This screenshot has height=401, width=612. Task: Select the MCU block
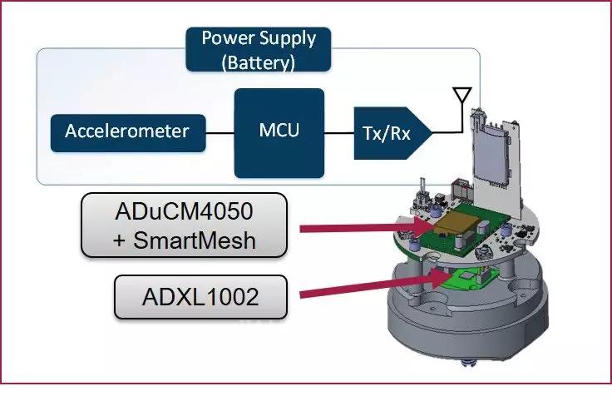tap(278, 132)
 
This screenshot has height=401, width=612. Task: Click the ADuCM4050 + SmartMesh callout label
tap(184, 225)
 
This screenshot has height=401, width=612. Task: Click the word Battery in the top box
tap(257, 62)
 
